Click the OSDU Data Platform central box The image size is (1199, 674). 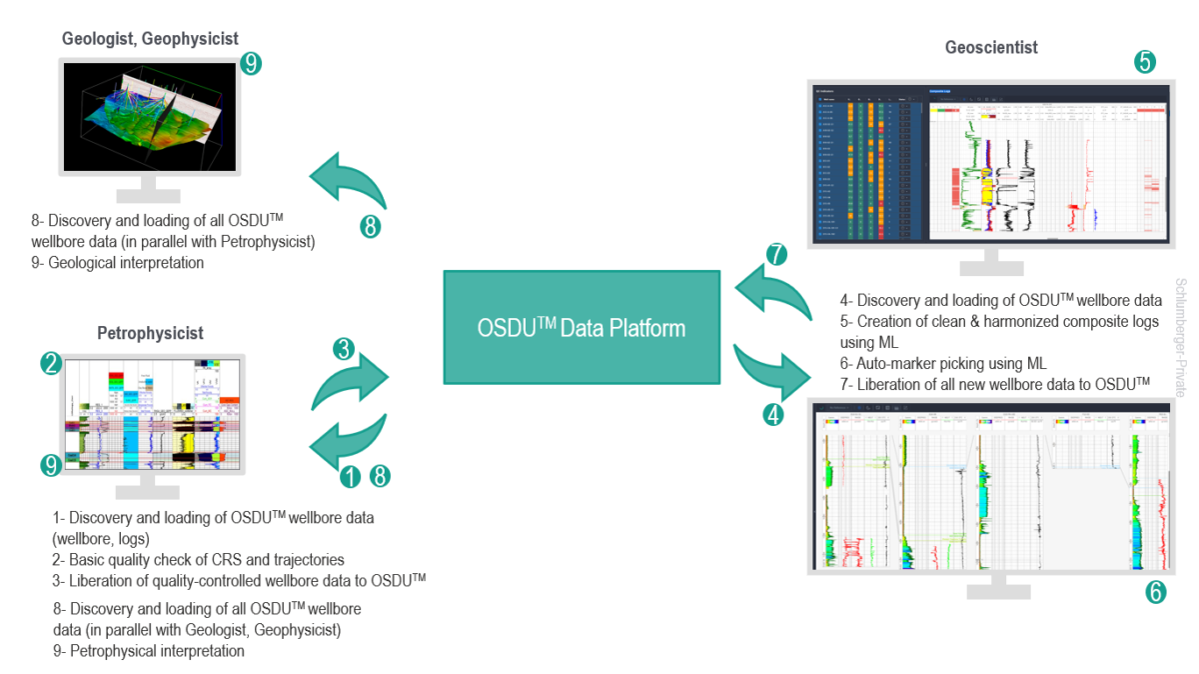[582, 327]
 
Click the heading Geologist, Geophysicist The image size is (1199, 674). [150, 39]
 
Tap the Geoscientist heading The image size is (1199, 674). [991, 47]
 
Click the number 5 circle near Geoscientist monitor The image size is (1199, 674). [1145, 61]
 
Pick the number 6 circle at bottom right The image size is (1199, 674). [1155, 592]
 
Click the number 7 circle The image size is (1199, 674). [776, 254]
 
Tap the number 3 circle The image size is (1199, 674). [344, 349]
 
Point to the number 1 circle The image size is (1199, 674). [350, 476]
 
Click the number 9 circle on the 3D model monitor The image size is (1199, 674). [251, 64]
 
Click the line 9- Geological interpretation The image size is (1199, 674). [117, 263]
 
